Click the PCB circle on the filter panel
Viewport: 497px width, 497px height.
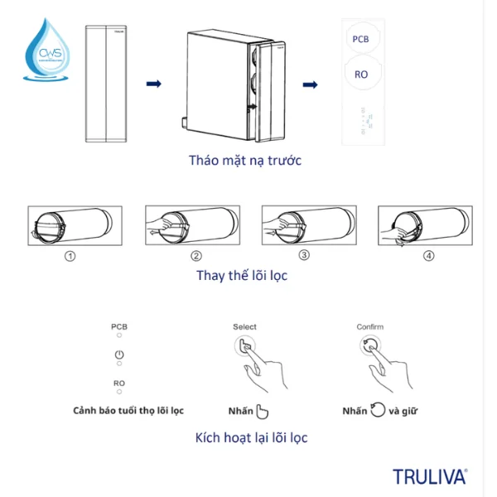361,40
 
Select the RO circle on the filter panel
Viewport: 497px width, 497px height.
361,75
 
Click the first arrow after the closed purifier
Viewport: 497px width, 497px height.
153,84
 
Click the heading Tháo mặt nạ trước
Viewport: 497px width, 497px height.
244,160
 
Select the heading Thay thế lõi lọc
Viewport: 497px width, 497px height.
242,275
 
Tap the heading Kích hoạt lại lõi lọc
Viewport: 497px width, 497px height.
251,437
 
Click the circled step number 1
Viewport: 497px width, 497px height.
70,255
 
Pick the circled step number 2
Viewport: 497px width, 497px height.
196,255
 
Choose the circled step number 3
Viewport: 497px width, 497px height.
304,255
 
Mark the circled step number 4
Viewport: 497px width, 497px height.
428,255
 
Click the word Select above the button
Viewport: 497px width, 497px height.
244,327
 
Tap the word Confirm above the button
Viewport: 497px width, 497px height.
370,327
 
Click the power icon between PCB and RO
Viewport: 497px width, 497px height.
119,355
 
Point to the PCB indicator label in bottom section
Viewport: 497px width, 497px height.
119,327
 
